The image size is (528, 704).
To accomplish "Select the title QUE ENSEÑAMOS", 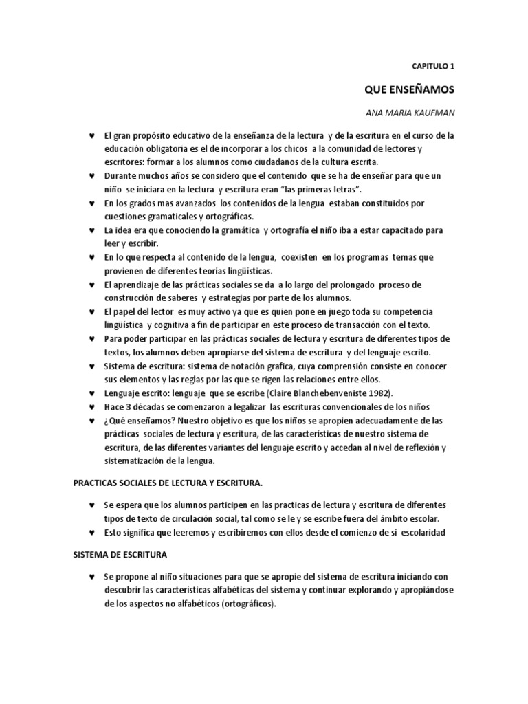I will [x=409, y=89].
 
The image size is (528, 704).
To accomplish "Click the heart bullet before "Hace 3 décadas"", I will [x=91, y=406].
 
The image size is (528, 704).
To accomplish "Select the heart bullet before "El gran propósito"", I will [x=91, y=135].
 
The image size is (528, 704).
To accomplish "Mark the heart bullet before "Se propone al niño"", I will [x=91, y=577].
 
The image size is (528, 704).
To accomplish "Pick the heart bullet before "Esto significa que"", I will [x=91, y=533].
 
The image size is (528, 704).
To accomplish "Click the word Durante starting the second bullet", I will [x=120, y=176].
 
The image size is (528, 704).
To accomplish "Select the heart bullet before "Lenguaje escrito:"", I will [x=91, y=393].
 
